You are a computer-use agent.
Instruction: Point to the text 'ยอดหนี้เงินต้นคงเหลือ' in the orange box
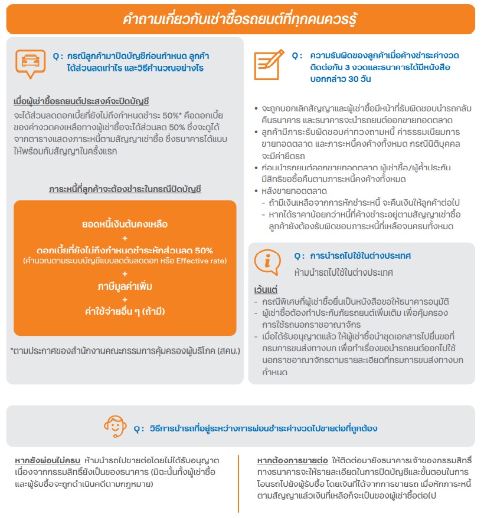coord(125,224)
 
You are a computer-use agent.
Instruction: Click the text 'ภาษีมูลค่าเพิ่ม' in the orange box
coord(125,286)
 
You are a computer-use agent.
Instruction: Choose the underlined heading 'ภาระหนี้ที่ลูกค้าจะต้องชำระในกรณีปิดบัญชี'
coord(125,189)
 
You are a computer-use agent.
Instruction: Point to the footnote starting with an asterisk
coord(125,351)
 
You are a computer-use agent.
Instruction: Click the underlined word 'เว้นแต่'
coord(266,291)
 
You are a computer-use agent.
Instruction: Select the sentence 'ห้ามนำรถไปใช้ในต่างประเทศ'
coord(344,273)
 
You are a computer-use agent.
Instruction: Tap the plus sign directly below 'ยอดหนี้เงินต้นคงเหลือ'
coord(125,237)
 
